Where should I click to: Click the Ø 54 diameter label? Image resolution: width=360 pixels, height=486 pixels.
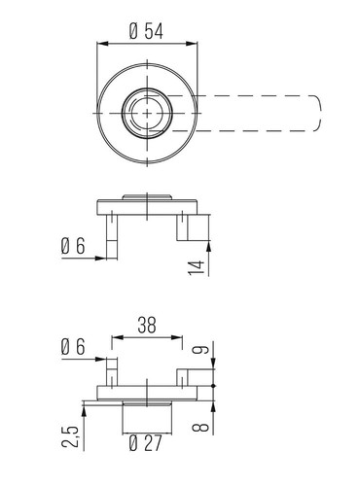coord(146,31)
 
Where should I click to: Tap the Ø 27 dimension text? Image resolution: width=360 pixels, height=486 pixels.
coord(145,443)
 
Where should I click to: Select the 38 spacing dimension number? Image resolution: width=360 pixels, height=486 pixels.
coord(147,326)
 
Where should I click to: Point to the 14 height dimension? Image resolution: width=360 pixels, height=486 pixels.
coord(197,267)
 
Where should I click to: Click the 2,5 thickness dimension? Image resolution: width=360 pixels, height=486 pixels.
coord(70,436)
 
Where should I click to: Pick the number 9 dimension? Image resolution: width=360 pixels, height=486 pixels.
coord(198,350)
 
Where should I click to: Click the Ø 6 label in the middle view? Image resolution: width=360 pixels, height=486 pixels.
coord(73,246)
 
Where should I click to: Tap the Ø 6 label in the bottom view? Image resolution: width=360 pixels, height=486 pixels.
coord(73,347)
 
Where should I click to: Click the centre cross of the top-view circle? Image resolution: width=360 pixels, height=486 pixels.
coord(147,113)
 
